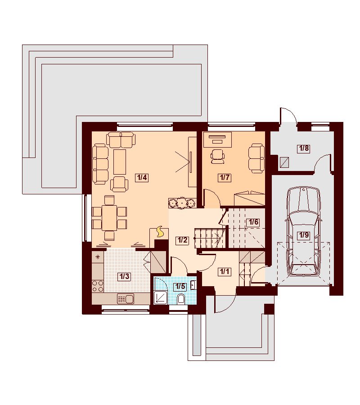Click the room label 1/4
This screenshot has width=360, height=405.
(x=142, y=178)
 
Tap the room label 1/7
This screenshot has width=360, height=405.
(x=225, y=178)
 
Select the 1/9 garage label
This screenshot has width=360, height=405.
(x=304, y=235)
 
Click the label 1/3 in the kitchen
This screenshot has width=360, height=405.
(x=124, y=277)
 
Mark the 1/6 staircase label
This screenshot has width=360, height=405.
(x=253, y=222)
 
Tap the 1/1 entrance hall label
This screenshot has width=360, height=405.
(x=224, y=271)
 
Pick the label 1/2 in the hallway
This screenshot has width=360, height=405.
(x=182, y=240)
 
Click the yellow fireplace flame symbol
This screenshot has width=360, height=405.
(x=160, y=231)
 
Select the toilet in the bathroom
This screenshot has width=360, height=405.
(x=181, y=300)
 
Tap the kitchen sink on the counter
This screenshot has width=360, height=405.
(x=125, y=299)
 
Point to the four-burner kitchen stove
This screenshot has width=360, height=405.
(x=98, y=286)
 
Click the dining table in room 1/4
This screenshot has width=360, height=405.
(x=109, y=217)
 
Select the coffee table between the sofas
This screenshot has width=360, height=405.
(x=120, y=162)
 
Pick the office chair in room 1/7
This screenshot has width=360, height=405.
(x=218, y=156)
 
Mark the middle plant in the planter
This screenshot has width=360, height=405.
(x=183, y=203)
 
